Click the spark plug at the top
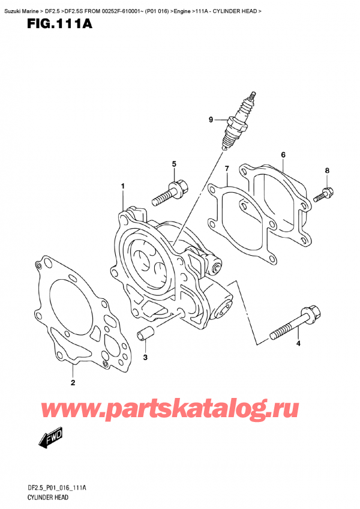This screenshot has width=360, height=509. tap(238, 122)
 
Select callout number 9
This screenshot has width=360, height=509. tap(211, 120)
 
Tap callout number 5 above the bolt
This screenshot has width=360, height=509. tap(174, 164)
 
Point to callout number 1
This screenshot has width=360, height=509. tap(122, 187)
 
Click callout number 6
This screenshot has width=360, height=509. tap(283, 155)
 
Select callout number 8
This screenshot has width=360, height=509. tap(327, 171)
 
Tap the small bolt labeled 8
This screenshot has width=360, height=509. tap(324, 193)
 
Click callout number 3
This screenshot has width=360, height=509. tap(145, 358)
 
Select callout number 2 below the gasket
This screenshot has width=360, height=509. tap(73, 382)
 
